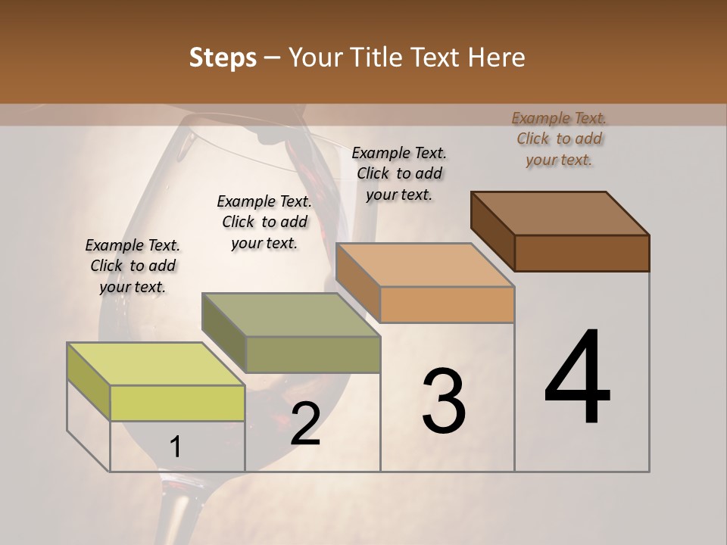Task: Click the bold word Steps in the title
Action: click(223, 58)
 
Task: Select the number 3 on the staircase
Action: click(444, 401)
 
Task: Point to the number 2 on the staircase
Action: click(305, 424)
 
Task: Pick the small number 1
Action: click(175, 447)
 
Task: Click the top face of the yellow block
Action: click(155, 364)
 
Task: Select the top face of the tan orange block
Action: click(424, 265)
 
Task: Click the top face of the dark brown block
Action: click(560, 213)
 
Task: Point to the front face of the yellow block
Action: click(177, 403)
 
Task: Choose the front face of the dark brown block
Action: click(582, 253)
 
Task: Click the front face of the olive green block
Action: click(313, 354)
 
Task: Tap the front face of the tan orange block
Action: click(447, 304)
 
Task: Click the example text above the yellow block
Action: click(133, 266)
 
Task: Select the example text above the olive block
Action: click(264, 222)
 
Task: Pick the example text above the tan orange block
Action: click(399, 173)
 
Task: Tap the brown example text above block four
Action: click(559, 139)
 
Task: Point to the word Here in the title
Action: click(498, 58)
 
